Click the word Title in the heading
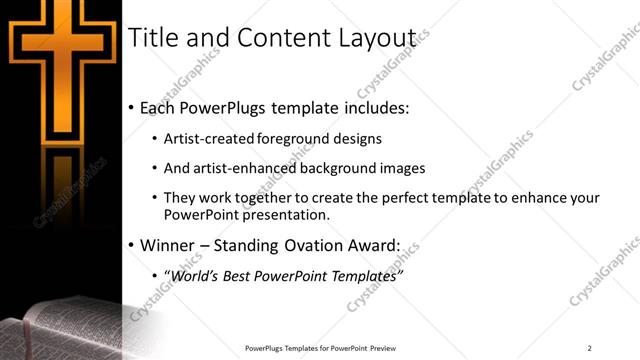click(153, 38)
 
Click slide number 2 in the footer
click(590, 347)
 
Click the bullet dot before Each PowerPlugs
click(132, 108)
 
